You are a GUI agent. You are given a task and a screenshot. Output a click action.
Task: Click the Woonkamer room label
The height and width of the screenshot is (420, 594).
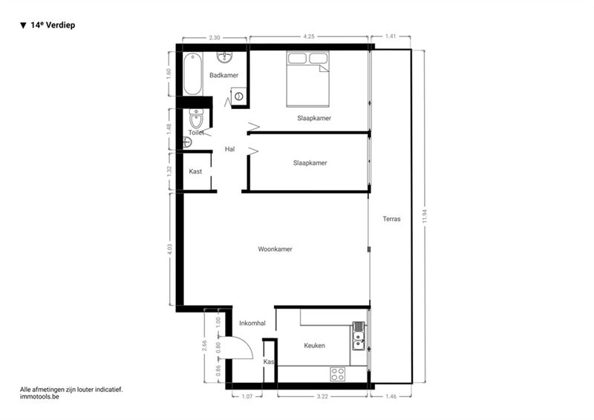[275, 249]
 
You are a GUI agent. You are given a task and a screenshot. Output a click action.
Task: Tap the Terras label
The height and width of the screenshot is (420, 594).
[391, 218]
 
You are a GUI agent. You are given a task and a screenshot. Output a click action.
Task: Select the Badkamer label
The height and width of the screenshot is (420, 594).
[224, 75]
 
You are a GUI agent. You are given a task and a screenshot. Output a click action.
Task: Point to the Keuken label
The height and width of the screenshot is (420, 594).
[314, 345]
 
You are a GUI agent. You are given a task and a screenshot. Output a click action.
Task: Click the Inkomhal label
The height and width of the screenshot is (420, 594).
[252, 323]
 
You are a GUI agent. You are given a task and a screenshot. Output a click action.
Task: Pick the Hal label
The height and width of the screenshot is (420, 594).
[229, 149]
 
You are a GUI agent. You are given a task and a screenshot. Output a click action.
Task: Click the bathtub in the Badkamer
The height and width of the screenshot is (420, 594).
[193, 74]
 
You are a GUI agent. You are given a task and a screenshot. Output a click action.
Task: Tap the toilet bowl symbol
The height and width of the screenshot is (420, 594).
[196, 119]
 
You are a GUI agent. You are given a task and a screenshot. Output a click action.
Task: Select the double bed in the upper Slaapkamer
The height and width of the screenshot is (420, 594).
[308, 79]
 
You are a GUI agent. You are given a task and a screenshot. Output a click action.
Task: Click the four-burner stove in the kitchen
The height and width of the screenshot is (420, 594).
[338, 374]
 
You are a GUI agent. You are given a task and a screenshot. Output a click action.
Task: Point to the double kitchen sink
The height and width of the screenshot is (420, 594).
[359, 336]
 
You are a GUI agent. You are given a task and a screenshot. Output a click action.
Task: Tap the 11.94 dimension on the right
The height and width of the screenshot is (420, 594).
[425, 216]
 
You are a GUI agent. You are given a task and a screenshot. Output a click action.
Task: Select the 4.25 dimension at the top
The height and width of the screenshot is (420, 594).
[309, 36]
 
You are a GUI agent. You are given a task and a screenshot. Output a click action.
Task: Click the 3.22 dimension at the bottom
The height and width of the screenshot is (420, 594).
[322, 396]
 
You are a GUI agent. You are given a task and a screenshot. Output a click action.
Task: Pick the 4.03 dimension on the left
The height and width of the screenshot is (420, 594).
[170, 249]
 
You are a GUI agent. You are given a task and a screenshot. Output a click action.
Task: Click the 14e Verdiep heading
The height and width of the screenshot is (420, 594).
[48, 25]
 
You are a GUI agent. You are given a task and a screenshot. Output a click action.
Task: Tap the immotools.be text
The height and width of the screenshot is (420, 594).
[39, 396]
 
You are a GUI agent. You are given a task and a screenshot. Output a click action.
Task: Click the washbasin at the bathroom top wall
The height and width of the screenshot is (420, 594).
[225, 57]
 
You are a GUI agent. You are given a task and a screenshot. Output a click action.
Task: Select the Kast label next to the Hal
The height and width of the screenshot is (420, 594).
[195, 171]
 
